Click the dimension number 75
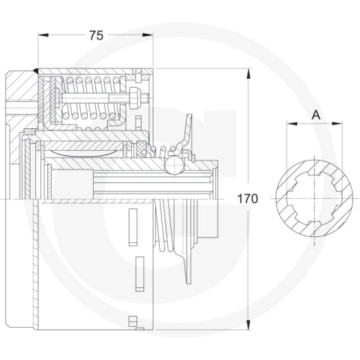[96, 35]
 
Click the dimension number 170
[247, 199]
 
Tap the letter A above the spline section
[316, 115]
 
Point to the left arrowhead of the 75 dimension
[43, 35]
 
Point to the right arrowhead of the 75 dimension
[148, 35]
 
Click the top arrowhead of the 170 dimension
[248, 73]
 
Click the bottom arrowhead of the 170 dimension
[248, 324]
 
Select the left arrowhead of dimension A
[292, 123]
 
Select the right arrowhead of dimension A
[337, 123]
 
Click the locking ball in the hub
[174, 165]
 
